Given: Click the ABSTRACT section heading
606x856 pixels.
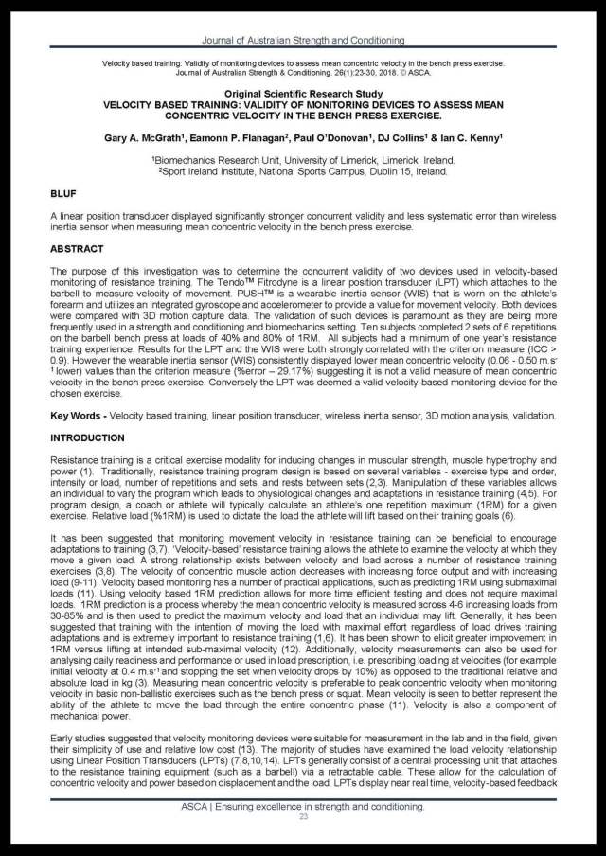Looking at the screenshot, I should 79,249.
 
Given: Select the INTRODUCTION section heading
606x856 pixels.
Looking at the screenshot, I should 86,437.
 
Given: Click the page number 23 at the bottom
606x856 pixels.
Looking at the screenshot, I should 303,816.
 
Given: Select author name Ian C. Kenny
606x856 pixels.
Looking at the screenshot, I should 470,138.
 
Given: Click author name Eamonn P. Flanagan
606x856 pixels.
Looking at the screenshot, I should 250,138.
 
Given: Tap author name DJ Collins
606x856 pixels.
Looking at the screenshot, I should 397,138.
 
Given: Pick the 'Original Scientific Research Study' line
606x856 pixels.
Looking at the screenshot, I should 303,94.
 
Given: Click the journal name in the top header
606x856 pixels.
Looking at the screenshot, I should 303,42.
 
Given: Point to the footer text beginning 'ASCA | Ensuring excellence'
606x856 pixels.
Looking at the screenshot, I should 303,805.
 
